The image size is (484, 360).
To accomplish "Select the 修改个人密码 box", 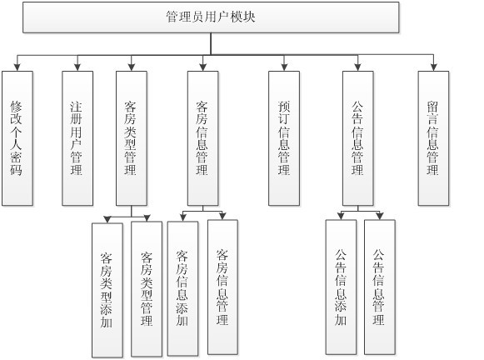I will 17,137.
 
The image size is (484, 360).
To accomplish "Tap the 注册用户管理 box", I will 77,137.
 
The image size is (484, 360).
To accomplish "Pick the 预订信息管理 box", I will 284,137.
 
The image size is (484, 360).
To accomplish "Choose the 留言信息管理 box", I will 433,137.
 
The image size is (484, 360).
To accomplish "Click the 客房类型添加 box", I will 106,288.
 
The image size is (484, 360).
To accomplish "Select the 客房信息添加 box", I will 182,287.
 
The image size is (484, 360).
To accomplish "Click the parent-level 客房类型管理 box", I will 131,137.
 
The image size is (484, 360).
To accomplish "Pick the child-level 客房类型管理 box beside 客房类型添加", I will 147,288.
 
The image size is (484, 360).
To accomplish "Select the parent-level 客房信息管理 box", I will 202,137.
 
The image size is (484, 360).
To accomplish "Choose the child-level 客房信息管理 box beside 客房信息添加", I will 222,287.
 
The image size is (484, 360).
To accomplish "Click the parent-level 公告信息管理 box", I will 358,137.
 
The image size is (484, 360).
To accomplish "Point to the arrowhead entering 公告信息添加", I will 341,217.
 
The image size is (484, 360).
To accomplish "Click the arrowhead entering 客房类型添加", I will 106,217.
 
